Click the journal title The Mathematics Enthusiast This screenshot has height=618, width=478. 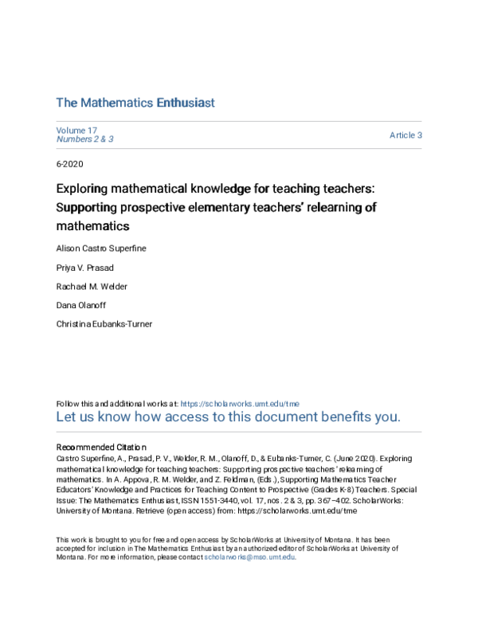(135, 103)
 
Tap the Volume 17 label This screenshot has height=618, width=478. (76, 130)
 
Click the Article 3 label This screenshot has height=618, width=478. (406, 135)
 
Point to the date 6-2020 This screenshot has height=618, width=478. (69, 164)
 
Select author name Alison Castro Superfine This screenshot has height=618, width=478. (101, 248)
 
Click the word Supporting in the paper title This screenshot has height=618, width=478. (87, 208)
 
